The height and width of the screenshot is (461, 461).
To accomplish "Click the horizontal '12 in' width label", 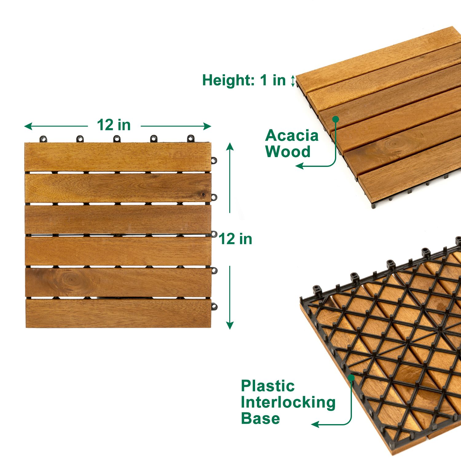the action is (114, 125).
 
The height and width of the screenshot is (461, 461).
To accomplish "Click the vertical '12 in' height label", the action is (235, 239).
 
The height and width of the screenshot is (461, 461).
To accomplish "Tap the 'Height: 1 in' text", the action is (244, 80).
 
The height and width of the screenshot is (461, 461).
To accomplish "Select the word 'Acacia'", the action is (292, 136).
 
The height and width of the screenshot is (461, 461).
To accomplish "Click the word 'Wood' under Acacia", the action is (288, 152).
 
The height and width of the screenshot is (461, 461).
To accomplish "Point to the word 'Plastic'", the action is (268, 386).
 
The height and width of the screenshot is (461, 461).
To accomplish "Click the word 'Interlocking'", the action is (288, 402).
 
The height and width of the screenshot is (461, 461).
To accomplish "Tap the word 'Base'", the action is (260, 418).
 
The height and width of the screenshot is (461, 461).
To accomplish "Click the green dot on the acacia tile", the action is (336, 119).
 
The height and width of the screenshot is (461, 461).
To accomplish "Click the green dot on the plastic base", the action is (351, 377).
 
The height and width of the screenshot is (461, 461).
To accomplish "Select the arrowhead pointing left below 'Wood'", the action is (299, 166).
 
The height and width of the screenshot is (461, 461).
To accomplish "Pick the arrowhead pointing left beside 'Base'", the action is (315, 425).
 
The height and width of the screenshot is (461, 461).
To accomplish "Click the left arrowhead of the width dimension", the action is (28, 126).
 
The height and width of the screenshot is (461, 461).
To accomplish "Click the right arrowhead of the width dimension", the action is (207, 126).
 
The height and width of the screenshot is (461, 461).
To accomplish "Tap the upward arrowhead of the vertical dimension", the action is (230, 146).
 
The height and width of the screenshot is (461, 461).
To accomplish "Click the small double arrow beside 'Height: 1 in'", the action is (293, 81).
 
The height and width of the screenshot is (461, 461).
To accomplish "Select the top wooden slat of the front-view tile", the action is (118, 157).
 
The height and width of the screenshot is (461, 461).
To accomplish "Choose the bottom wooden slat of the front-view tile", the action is (119, 313).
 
